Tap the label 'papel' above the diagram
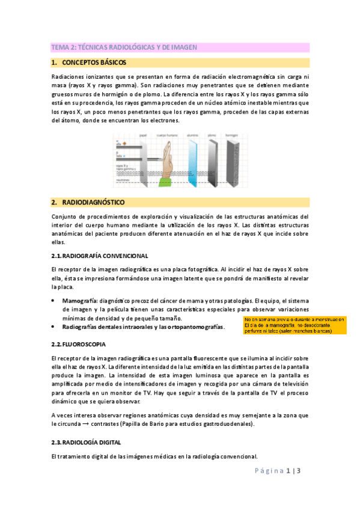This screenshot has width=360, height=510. (142, 136)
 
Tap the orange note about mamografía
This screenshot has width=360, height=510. (294, 325)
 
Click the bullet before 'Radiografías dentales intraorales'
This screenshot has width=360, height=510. (54, 327)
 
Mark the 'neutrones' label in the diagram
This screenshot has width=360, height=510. (123, 180)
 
